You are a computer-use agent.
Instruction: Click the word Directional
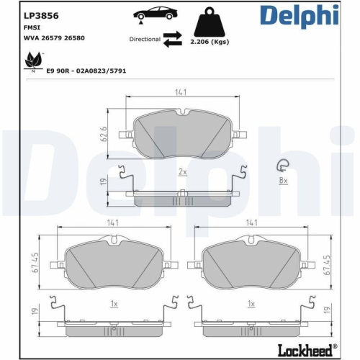point(144,40)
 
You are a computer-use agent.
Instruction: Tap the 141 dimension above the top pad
point(181,91)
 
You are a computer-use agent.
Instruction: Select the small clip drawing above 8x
point(284,165)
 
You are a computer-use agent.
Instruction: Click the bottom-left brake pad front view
point(113,261)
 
